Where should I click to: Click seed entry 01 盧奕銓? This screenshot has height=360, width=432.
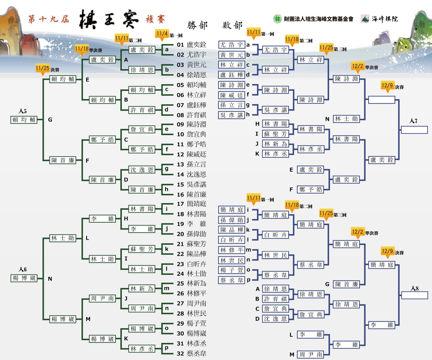tap(192, 45)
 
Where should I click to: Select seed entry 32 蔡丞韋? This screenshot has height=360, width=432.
tap(192, 353)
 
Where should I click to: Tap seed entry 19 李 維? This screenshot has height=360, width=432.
tap(192, 224)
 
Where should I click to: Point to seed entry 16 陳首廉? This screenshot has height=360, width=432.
tap(192, 194)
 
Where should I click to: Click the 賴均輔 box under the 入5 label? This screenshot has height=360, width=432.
tap(24, 120)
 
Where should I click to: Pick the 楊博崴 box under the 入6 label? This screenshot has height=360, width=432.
tap(24, 278)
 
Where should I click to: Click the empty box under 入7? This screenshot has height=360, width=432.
tap(414, 130)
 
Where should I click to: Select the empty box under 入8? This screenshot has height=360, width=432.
tap(414, 295)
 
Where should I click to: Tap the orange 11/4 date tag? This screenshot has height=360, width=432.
tap(162, 34)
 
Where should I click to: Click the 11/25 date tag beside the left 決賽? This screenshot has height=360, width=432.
tap(42, 68)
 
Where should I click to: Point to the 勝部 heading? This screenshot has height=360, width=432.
tap(197, 25)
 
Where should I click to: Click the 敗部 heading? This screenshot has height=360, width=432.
tap(232, 25)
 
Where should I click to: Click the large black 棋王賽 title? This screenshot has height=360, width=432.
tap(108, 20)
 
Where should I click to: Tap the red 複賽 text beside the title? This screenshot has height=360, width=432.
tap(155, 19)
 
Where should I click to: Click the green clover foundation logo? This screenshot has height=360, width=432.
tap(277, 19)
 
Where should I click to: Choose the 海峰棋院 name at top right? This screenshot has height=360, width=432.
tap(385, 19)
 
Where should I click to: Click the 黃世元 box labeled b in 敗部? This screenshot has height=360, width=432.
tap(231, 55)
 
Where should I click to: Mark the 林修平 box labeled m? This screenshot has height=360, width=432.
tap(231, 250)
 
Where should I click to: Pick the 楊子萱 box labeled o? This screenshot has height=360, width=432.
tap(231, 270)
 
